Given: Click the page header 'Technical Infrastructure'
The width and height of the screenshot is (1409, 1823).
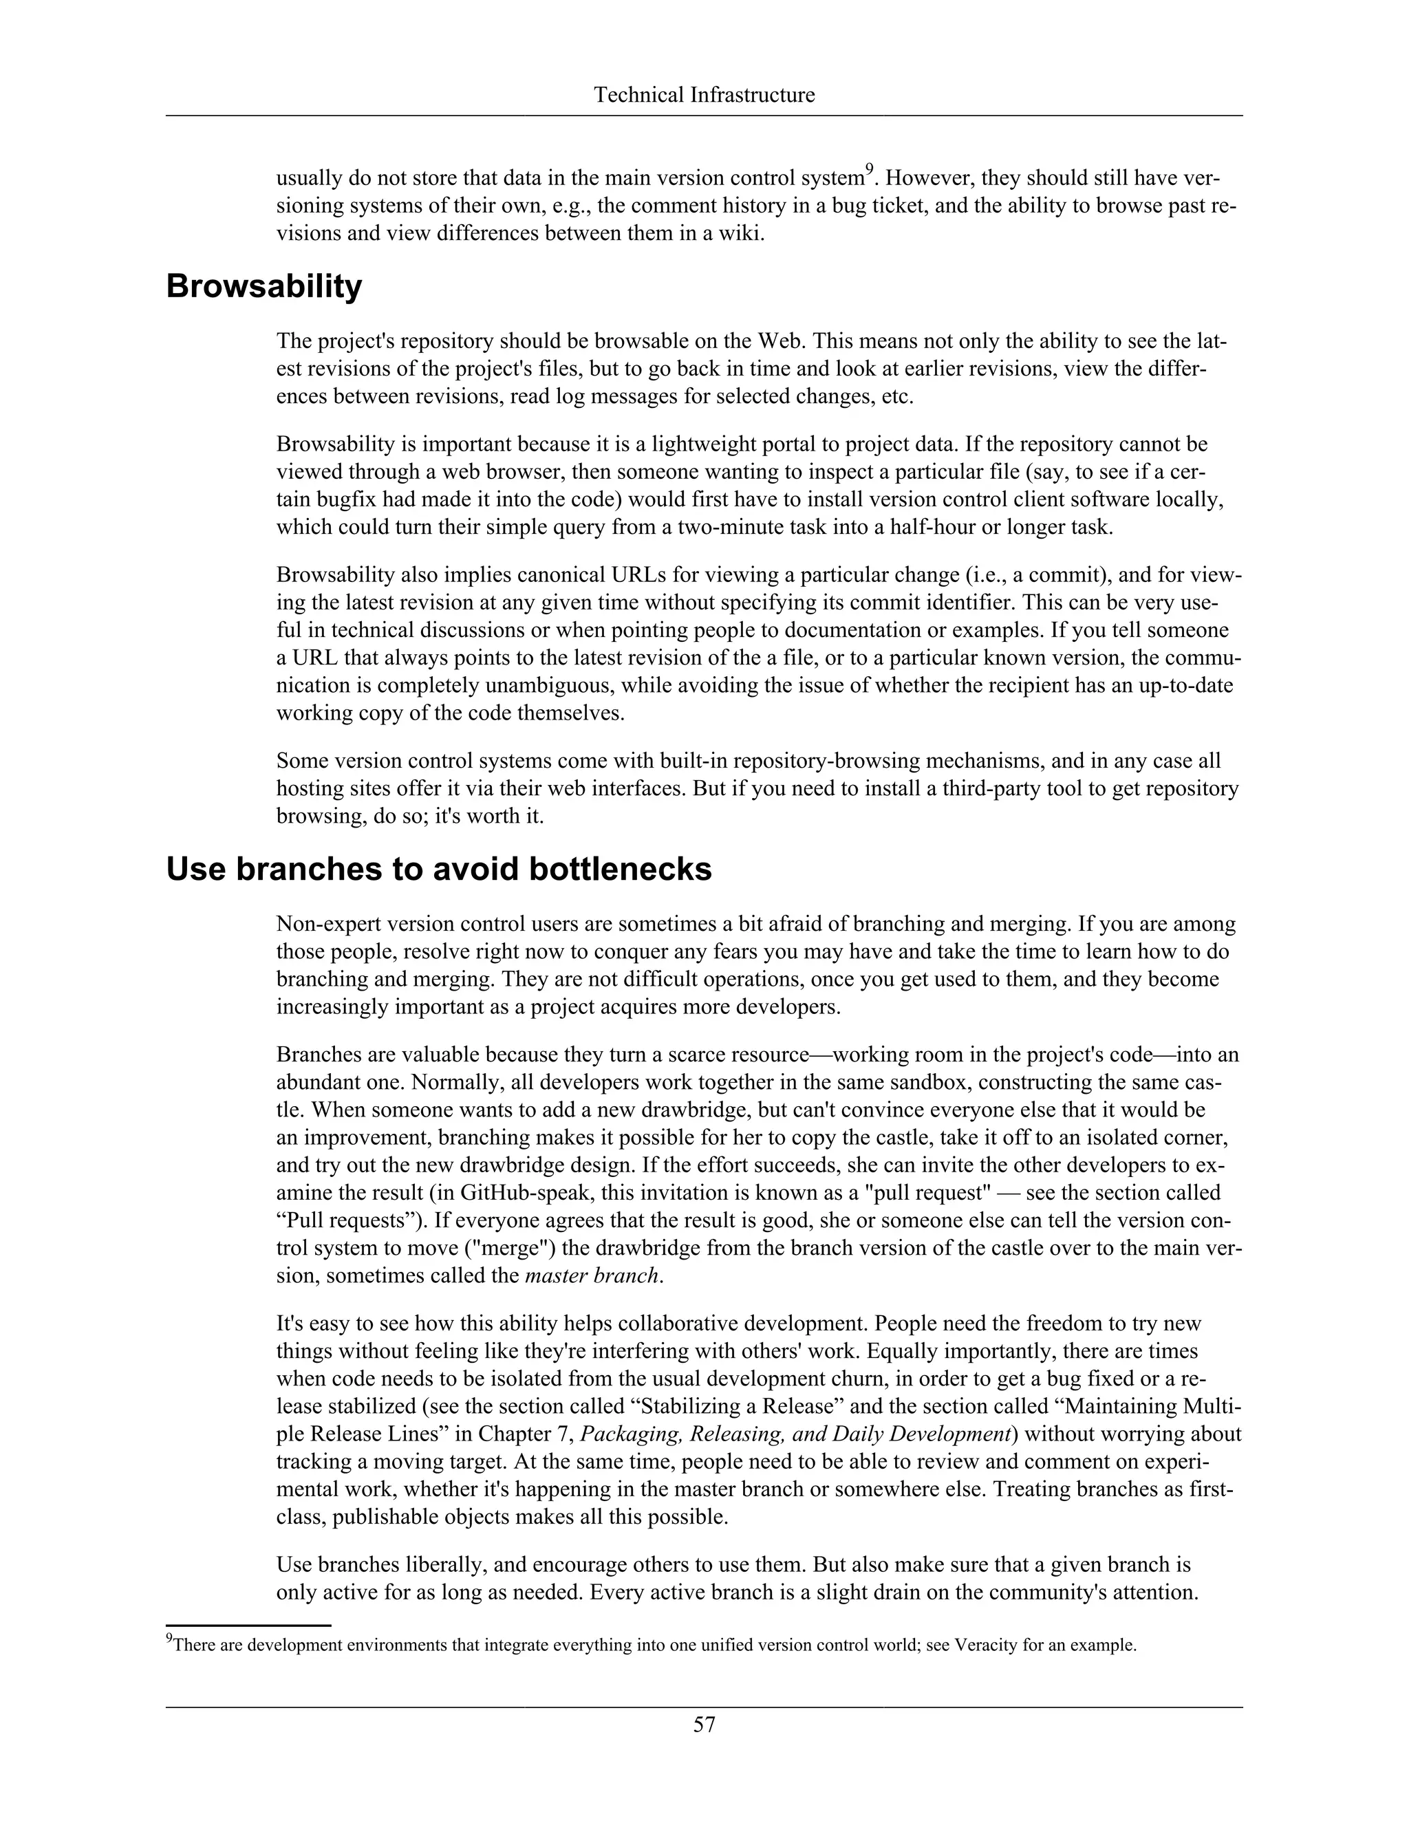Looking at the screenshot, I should [704, 95].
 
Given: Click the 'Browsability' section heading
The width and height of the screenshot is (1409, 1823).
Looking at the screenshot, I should [263, 286].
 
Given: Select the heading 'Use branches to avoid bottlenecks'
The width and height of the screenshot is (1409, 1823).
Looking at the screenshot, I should [438, 869].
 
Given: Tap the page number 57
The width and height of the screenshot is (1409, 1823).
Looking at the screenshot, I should [704, 1724].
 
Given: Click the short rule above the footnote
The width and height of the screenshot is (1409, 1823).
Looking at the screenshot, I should [249, 1625].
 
